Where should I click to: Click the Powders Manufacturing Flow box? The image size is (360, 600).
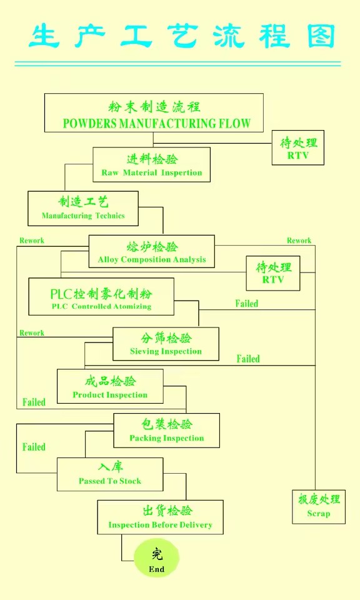pos(154,113)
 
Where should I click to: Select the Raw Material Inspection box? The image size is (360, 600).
pos(151,165)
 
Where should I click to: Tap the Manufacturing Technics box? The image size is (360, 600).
pos(83,209)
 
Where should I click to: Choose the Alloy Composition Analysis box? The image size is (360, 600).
pos(151,251)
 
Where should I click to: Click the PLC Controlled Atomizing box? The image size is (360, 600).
pos(101,296)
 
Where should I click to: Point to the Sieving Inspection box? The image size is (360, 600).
pos(166,344)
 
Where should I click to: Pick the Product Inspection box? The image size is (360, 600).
pos(110,386)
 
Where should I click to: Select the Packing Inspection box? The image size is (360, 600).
pos(166,431)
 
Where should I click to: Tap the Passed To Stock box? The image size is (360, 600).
pos(110,474)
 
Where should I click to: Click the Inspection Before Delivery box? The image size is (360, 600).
pos(160,517)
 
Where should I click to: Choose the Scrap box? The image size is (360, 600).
pos(319,507)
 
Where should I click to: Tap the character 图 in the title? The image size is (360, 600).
pos(321,36)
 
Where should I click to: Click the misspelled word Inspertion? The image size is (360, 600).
pos(181,172)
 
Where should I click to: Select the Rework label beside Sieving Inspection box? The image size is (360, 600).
pos(32,333)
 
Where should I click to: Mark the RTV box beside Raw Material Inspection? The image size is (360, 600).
pos(298,147)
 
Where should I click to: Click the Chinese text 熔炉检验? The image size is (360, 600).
pos(152,246)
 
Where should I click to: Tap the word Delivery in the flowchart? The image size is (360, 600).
pos(196,524)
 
